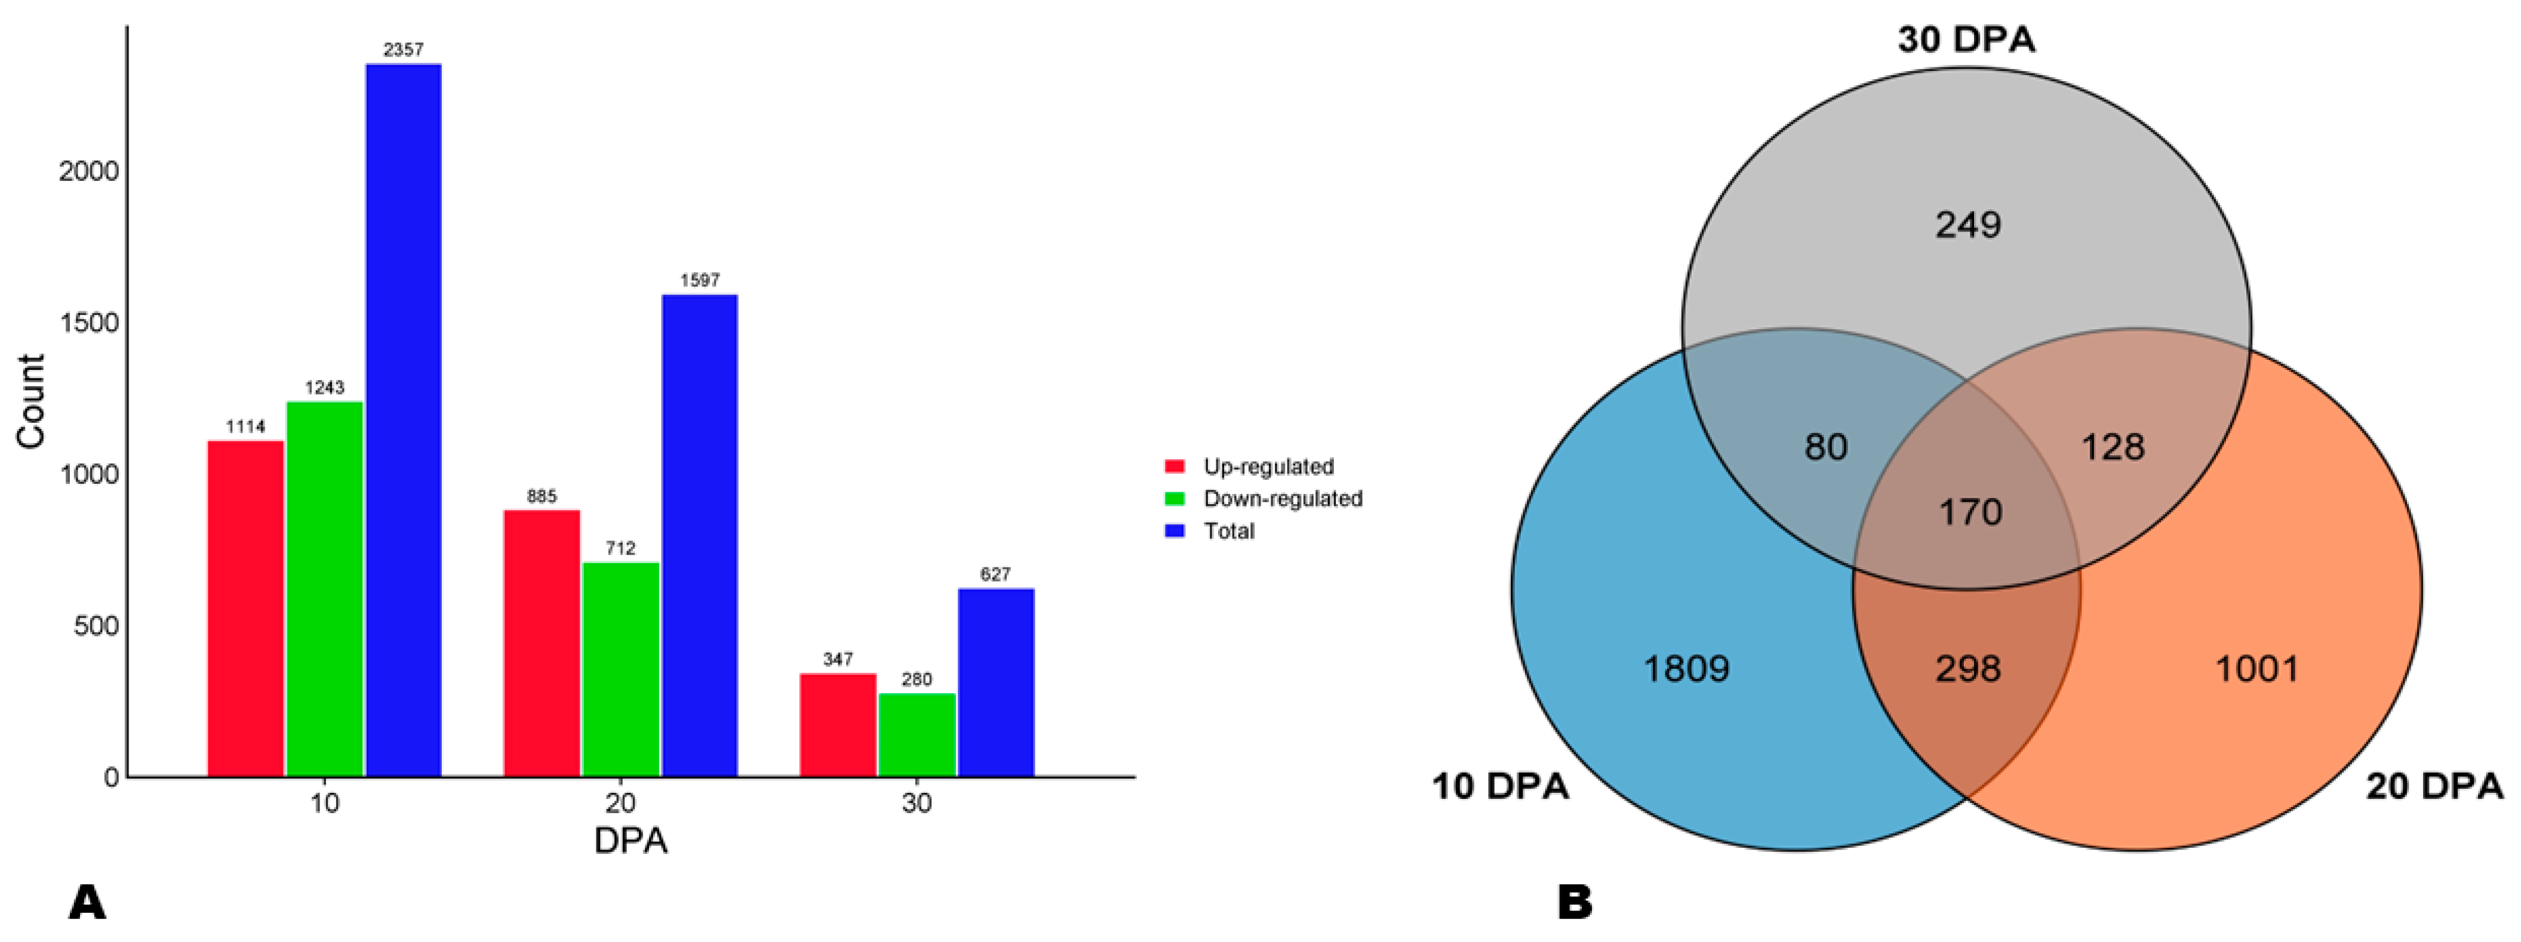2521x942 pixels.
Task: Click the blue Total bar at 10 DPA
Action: pyautogui.click(x=403, y=421)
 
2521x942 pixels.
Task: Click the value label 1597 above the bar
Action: pyautogui.click(x=700, y=281)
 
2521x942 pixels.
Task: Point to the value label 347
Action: pyautogui.click(x=838, y=659)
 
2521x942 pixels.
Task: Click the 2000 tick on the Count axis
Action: pyautogui.click(x=88, y=171)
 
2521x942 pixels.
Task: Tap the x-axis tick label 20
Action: pyautogui.click(x=620, y=803)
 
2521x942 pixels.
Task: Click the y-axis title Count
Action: pyautogui.click(x=31, y=401)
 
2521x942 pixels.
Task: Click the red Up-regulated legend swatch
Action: pyautogui.click(x=1175, y=467)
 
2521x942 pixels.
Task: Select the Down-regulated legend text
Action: pyautogui.click(x=1282, y=499)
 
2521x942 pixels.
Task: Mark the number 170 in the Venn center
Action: pyautogui.click(x=1970, y=512)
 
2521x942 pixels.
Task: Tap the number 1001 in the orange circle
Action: pyautogui.click(x=2256, y=669)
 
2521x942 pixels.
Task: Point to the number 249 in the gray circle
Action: pyautogui.click(x=1968, y=225)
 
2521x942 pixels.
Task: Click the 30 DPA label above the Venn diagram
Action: pyautogui.click(x=1966, y=40)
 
